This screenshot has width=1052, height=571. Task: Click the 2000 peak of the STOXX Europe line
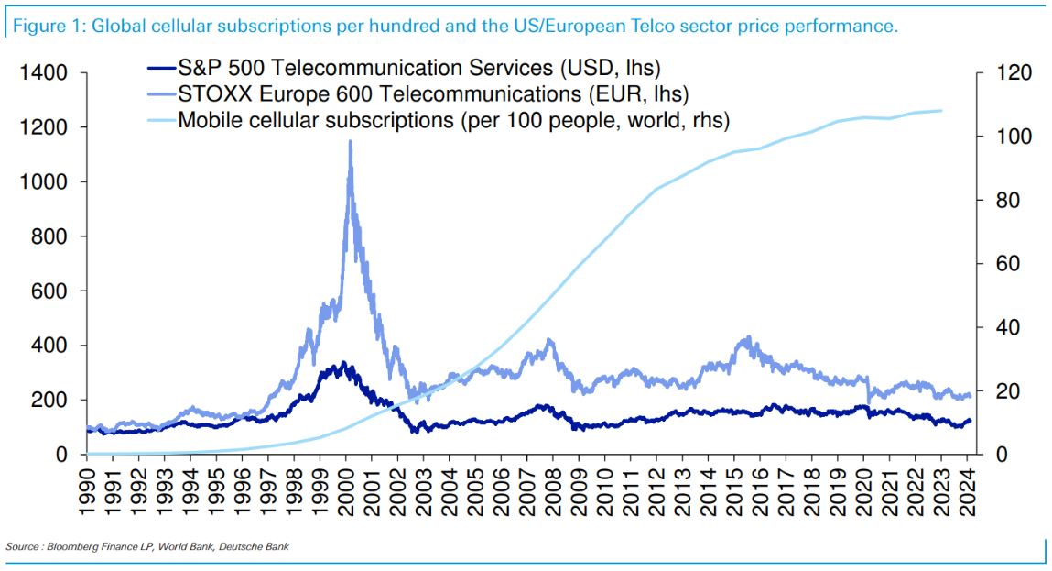coord(350,142)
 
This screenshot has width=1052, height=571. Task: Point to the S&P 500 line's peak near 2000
coord(343,363)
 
